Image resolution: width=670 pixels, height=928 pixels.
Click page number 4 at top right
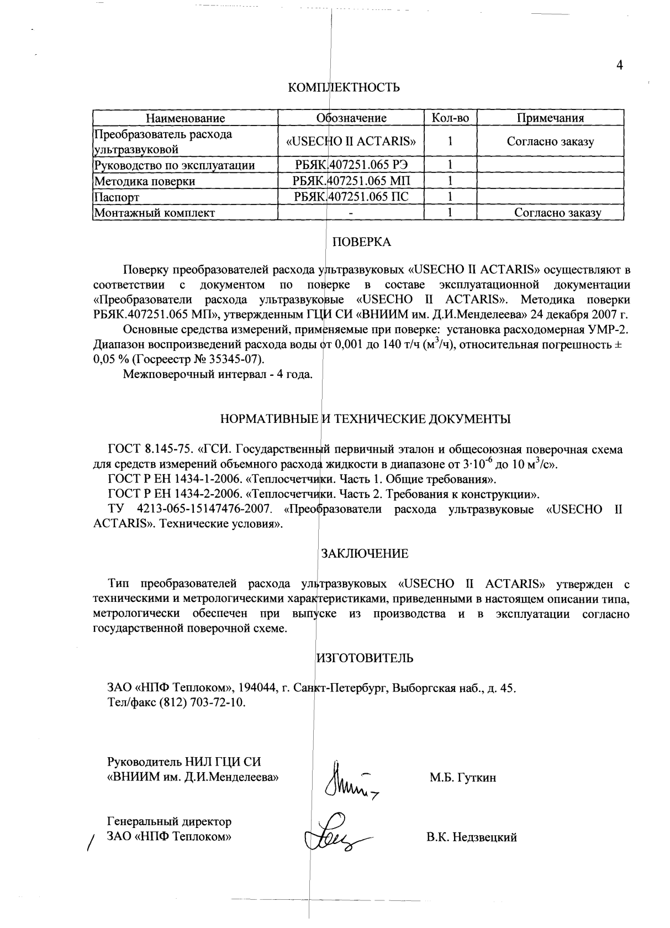[619, 65]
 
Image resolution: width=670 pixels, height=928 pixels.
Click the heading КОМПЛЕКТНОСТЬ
[344, 87]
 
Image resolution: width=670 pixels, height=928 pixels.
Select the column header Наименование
[185, 118]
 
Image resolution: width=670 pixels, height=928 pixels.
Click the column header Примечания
[550, 118]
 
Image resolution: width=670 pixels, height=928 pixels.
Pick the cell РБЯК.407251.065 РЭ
[351, 165]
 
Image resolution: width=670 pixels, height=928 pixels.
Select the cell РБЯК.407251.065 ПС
[351, 197]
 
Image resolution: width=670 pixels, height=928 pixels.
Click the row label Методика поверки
[145, 181]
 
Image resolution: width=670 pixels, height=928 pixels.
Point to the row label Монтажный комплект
[154, 213]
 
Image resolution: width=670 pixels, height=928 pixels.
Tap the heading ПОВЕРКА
[361, 242]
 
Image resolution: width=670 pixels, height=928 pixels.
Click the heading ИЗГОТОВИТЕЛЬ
[365, 658]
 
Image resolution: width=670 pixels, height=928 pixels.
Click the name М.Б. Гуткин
[463, 778]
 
